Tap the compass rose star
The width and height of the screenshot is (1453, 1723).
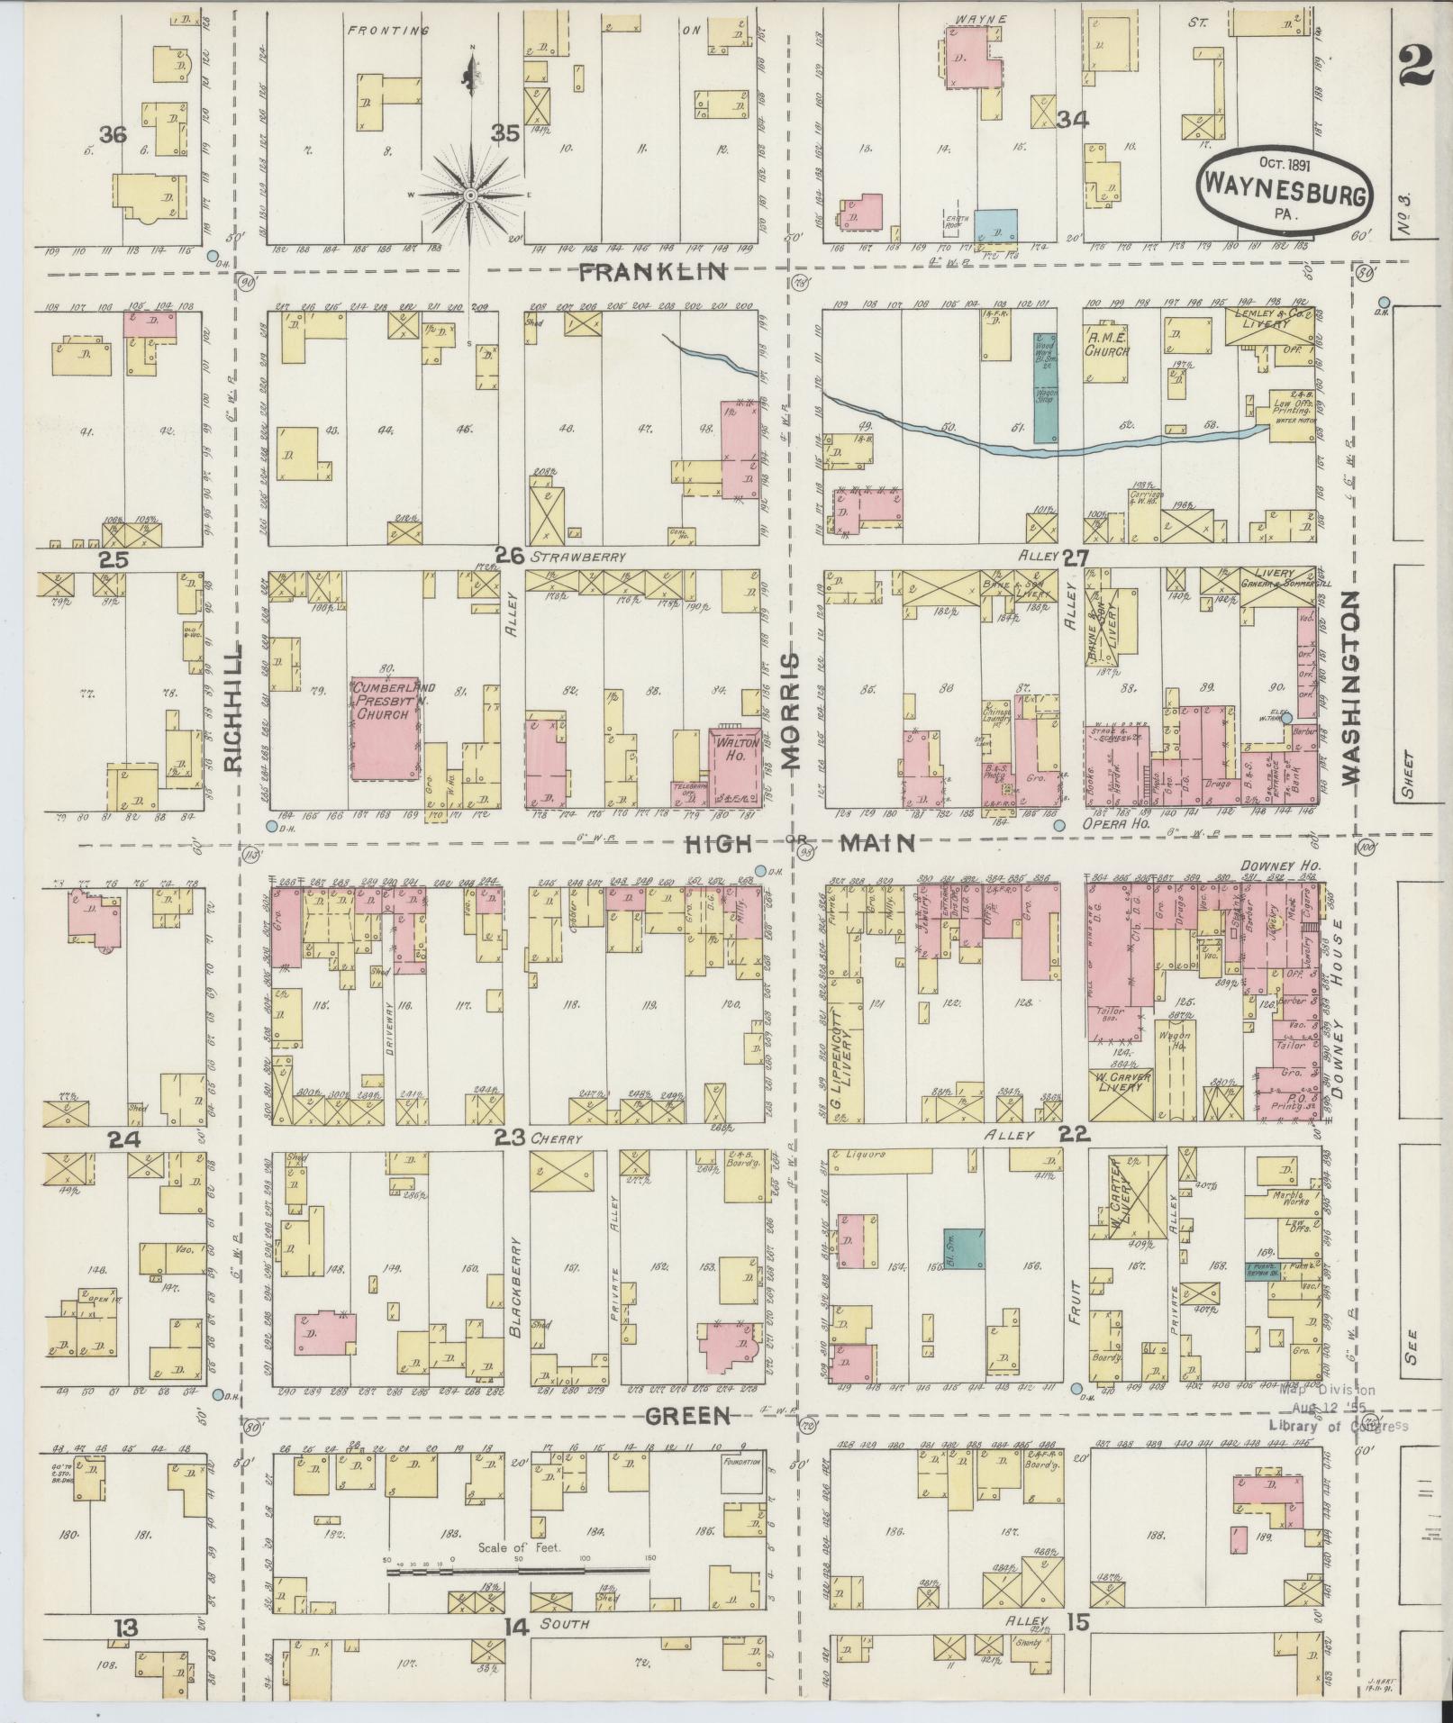pyautogui.click(x=470, y=195)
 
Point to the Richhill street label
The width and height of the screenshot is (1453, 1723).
pyautogui.click(x=232, y=707)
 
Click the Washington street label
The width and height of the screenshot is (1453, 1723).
pyautogui.click(x=1349, y=688)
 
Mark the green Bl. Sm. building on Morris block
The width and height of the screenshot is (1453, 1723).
pyautogui.click(x=964, y=1248)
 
